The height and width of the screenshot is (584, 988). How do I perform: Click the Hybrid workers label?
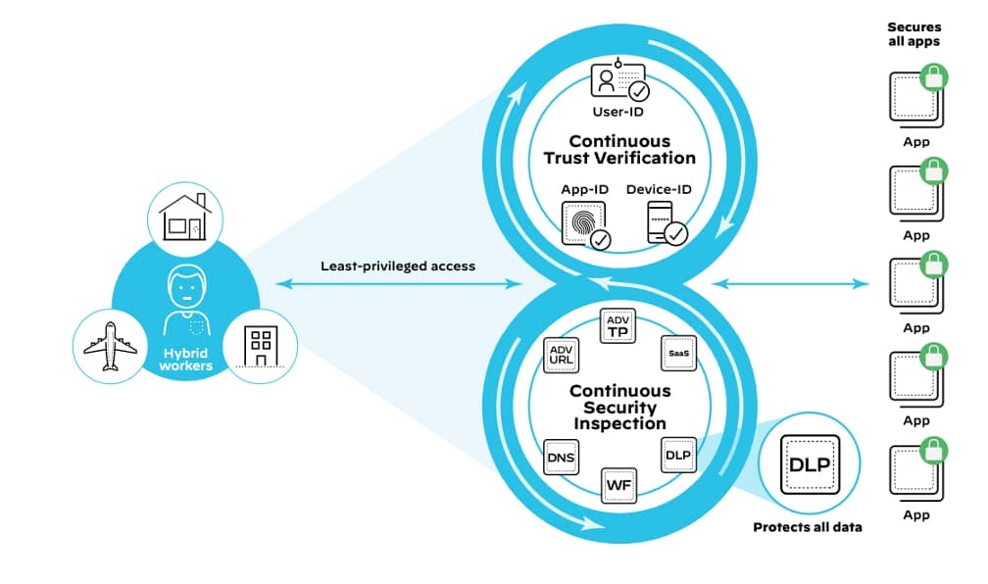click(186, 359)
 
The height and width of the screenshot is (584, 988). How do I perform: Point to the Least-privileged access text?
click(397, 266)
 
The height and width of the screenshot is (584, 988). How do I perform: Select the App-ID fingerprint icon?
click(585, 223)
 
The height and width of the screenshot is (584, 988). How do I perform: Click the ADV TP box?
click(617, 326)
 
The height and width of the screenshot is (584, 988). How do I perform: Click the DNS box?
click(561, 456)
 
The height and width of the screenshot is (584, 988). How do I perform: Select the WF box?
click(617, 484)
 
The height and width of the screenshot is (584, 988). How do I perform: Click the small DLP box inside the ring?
click(677, 456)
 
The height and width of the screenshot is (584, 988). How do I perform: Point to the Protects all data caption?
click(807, 527)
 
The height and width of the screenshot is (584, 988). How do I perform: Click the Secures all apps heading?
click(914, 35)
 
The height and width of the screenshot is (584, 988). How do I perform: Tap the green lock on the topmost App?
click(934, 74)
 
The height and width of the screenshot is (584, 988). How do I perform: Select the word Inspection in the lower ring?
click(619, 423)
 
